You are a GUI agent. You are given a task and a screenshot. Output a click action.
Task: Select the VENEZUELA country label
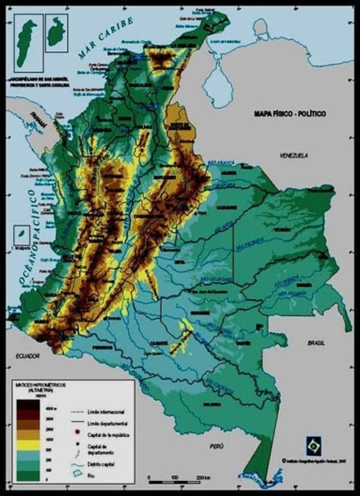pyautogui.click(x=294, y=154)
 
